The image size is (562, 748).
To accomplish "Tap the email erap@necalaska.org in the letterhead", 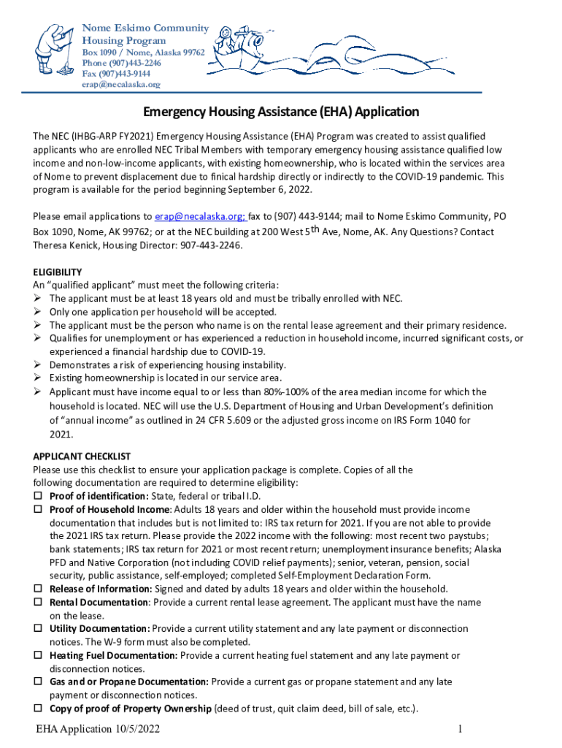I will pos(120,84).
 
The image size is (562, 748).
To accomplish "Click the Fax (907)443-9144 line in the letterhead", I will pos(116,74).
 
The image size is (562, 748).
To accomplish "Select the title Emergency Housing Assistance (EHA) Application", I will pos(281,112).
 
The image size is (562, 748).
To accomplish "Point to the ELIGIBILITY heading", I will pos(58,272).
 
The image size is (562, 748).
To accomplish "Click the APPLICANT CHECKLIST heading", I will pos(82,456).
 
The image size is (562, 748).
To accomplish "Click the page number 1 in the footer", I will pos(461,730).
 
